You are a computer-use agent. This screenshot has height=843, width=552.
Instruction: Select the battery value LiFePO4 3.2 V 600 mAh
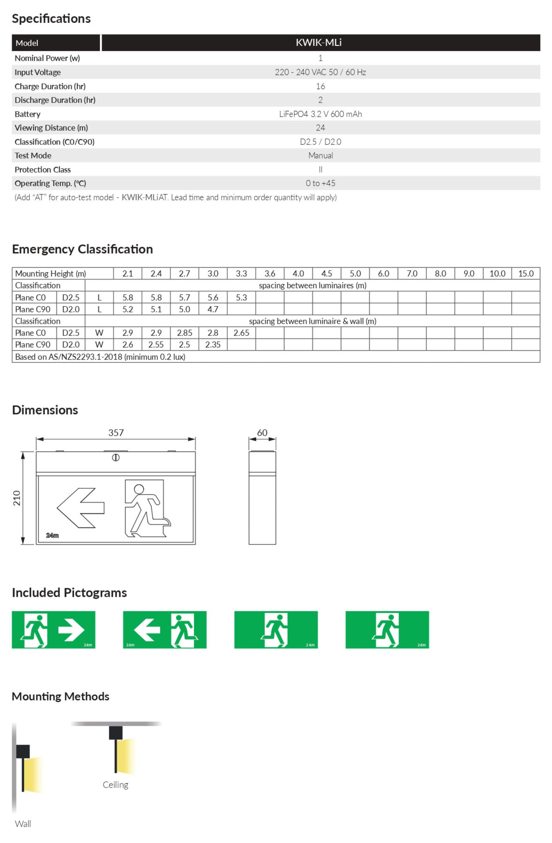pos(320,114)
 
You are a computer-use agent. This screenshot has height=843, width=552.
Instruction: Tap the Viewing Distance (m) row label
pos(51,128)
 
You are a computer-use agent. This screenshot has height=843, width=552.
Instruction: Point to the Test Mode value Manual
pos(320,155)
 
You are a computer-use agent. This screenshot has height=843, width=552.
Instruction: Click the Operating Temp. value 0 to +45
pos(320,183)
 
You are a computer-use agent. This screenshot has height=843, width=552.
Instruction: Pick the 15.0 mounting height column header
pos(526,274)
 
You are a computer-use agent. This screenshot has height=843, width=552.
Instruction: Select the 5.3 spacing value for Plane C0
pos(241,298)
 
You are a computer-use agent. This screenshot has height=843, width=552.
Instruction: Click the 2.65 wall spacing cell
pos(241,333)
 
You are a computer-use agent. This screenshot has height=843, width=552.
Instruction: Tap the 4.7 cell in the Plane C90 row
pos(213,309)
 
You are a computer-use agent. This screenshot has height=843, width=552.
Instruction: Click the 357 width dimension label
pos(116,433)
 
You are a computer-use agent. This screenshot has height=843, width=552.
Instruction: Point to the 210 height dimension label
pos(17,498)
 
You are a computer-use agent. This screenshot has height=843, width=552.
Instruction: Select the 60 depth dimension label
pos(262,433)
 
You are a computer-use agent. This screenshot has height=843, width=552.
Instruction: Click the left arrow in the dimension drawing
pos(81,508)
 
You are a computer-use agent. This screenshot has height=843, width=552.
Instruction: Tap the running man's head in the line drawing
pos(139,489)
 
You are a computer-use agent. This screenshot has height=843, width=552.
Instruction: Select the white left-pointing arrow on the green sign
pos(147,630)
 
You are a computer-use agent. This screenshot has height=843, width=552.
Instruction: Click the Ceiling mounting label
pos(115,785)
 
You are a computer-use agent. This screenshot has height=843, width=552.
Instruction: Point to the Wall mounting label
pos(23,823)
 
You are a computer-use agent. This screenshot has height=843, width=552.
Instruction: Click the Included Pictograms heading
pos(69,592)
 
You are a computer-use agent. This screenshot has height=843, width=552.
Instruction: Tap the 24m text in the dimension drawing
pos(52,535)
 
